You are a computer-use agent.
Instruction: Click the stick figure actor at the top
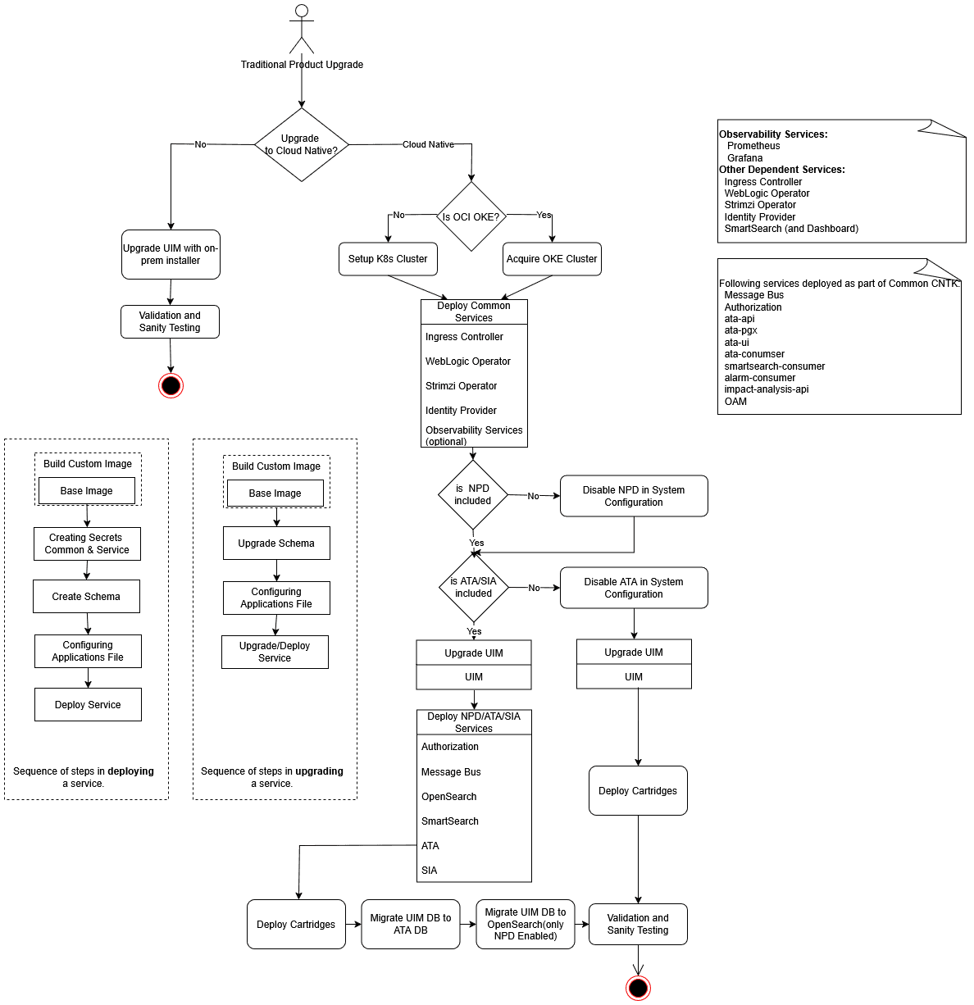click(302, 29)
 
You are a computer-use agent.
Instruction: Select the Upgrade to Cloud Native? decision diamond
click(302, 145)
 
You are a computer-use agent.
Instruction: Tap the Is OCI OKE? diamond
click(471, 216)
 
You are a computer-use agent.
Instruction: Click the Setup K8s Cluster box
click(388, 259)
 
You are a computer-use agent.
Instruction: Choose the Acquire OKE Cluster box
click(552, 259)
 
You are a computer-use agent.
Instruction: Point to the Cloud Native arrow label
click(428, 144)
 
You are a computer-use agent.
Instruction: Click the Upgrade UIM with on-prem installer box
click(171, 254)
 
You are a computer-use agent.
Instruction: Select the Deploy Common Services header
click(474, 312)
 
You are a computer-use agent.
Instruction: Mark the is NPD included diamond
click(473, 494)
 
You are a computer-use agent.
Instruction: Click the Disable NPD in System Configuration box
click(634, 496)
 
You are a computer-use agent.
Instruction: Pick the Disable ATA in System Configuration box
click(634, 588)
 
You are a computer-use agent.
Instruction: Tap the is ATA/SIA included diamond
click(474, 587)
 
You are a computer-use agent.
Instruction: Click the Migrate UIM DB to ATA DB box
click(411, 924)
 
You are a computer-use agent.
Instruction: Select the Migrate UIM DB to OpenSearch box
click(526, 924)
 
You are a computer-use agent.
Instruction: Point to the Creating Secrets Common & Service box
click(87, 543)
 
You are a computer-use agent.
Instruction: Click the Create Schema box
click(86, 597)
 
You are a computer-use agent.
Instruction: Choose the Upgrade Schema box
click(276, 543)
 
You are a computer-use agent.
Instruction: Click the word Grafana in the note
click(744, 158)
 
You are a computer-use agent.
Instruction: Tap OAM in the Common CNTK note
click(735, 402)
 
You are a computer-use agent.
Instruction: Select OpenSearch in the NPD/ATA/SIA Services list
click(448, 797)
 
